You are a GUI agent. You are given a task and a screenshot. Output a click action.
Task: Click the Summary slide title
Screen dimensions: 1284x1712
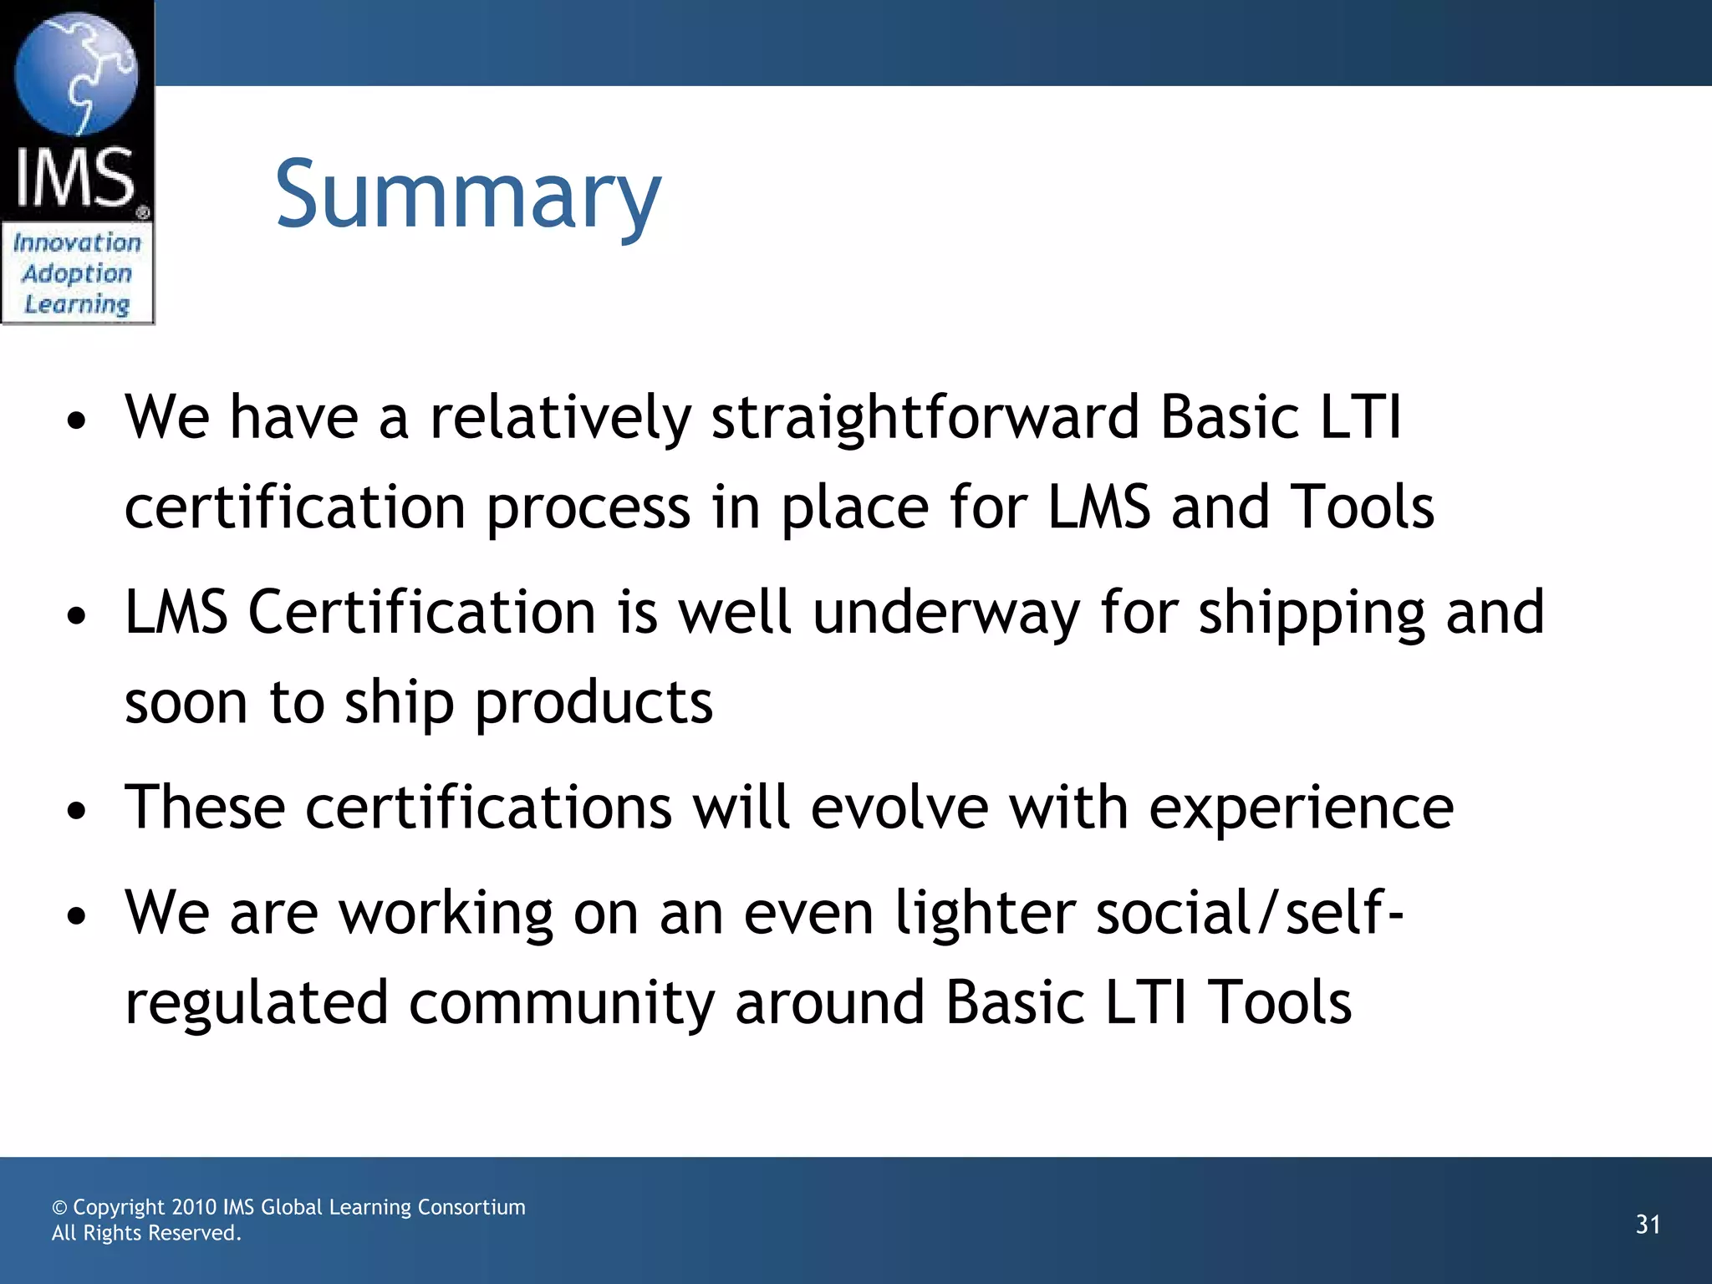pos(468,196)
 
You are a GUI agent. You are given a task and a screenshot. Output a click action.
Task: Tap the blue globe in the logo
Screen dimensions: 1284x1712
pos(76,74)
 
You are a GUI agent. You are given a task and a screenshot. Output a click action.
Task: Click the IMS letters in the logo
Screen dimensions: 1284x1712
pos(75,177)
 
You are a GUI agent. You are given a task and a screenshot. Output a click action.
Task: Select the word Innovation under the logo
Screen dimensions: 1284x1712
pos(77,243)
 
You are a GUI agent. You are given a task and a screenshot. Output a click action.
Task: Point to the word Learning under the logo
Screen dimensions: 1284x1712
pos(77,304)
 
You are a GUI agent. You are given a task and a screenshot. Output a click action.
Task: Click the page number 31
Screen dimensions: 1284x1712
pos(1648,1225)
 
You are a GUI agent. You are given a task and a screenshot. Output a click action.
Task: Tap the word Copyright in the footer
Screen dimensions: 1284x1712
pos(119,1207)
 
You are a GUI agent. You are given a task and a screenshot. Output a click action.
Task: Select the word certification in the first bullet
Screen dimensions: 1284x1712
pos(294,507)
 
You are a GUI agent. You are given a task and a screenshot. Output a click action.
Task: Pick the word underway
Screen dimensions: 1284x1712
pos(945,613)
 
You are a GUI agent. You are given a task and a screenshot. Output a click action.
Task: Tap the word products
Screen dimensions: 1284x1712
pos(594,702)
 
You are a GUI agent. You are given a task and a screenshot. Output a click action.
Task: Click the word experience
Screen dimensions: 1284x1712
pos(1301,809)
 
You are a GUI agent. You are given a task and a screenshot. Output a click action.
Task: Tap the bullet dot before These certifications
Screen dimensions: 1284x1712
pos(77,810)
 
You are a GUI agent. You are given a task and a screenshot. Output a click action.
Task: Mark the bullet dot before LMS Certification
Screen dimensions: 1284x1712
pos(77,616)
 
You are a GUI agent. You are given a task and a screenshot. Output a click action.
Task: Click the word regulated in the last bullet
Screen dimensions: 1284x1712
pos(257,1003)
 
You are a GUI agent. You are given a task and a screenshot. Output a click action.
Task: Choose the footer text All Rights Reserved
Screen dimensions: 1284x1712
pos(146,1233)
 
